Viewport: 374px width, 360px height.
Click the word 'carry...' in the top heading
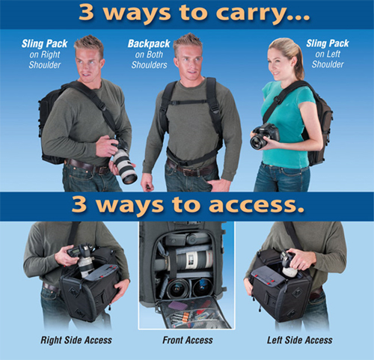263,13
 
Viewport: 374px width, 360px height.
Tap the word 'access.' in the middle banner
257,205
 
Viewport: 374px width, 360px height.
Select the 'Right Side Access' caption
76,340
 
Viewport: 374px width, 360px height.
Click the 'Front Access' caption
188,340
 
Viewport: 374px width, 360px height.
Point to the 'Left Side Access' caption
300,340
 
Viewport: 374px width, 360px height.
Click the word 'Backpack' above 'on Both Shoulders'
149,44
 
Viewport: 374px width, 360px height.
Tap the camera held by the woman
264,136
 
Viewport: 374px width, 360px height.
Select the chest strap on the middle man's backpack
188,102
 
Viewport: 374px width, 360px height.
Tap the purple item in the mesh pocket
177,305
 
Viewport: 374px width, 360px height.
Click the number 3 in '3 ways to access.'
79,204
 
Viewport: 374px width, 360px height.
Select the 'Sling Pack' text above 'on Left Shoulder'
328,43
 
